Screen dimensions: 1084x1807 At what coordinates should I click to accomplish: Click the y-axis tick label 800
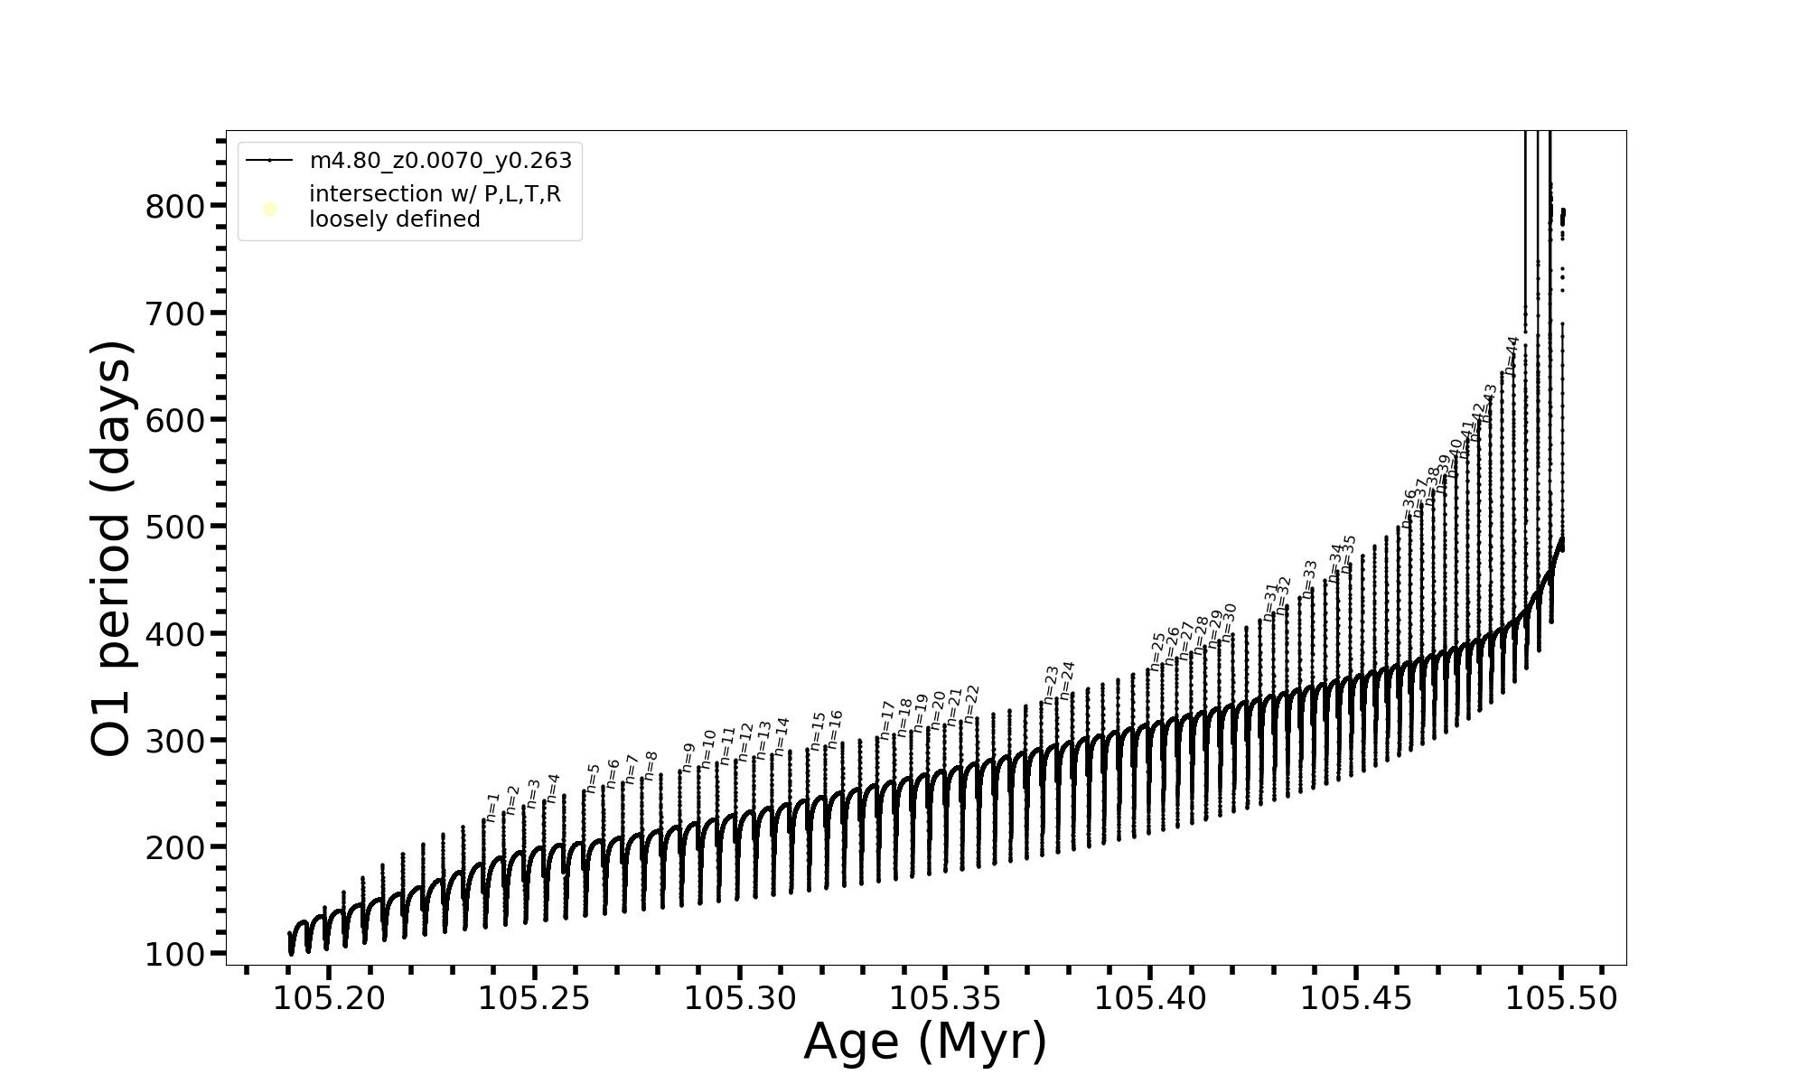[x=175, y=207]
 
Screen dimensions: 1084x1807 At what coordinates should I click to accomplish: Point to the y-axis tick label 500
[x=175, y=528]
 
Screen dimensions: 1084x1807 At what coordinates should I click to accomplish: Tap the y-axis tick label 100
[x=175, y=955]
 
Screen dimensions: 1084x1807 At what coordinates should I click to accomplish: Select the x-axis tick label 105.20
[x=329, y=998]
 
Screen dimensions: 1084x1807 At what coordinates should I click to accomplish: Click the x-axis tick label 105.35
[x=945, y=998]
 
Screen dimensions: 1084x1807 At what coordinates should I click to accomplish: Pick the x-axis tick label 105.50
[x=1561, y=998]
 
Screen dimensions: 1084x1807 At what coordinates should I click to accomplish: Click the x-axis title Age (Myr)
[x=925, y=1042]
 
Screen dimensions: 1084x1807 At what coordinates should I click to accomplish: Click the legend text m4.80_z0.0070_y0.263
[x=440, y=161]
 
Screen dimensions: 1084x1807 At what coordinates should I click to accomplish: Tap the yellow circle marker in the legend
[x=269, y=210]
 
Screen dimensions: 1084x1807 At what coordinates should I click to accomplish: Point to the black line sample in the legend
[x=269, y=161]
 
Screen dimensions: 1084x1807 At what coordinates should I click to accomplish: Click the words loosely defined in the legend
[x=394, y=220]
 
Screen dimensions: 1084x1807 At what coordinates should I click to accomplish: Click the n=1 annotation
[x=492, y=807]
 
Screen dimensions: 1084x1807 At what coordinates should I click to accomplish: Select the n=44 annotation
[x=1512, y=356]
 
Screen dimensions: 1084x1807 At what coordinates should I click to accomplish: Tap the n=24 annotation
[x=1067, y=680]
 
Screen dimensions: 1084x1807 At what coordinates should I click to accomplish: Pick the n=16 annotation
[x=835, y=729]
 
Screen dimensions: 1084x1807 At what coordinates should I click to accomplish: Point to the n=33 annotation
[x=1309, y=578]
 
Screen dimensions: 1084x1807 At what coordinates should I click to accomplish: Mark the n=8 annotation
[x=650, y=766]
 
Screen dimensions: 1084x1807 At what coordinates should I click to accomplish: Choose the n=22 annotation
[x=971, y=704]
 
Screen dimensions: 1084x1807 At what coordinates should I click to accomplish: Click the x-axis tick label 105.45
[x=1355, y=998]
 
